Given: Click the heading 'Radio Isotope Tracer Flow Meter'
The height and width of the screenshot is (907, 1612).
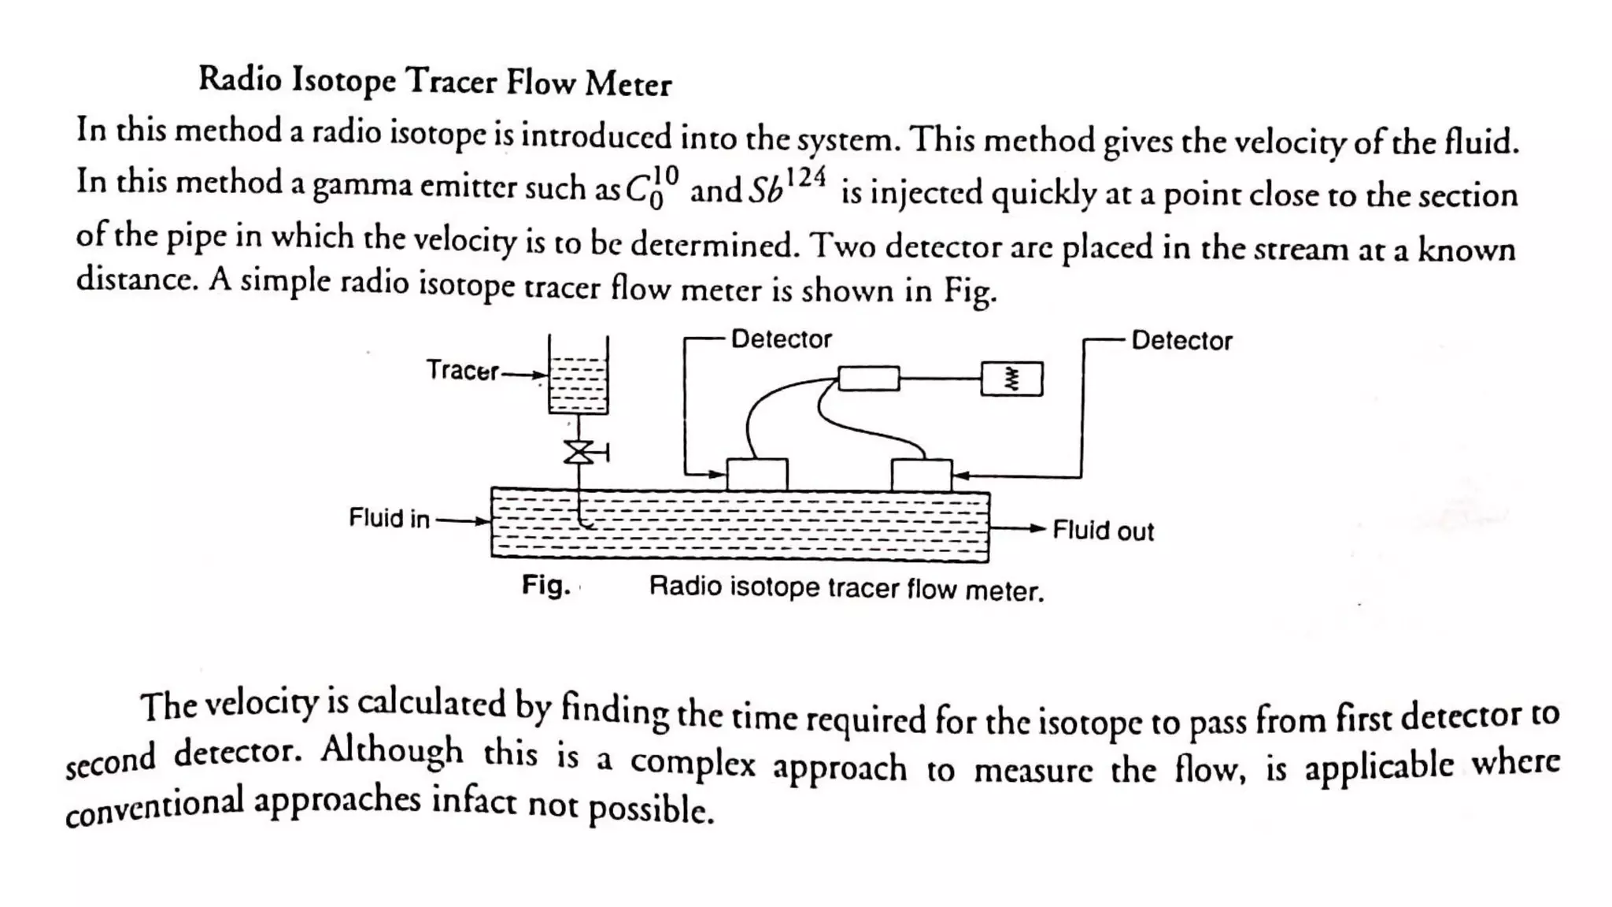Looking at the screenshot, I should pos(434,80).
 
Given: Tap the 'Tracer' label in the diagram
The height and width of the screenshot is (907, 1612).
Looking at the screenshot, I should pos(462,370).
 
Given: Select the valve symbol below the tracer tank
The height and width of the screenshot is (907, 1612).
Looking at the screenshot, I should pos(580,452).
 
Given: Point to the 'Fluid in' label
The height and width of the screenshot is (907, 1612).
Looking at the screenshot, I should pos(389,518).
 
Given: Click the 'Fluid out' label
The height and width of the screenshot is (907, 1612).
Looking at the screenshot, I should pos(1103,531).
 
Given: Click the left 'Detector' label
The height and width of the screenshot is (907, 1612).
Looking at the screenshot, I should pos(781,339).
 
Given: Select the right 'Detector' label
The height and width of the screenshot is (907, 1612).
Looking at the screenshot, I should pos(1181,341).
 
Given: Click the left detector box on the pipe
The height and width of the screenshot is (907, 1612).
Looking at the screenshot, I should pos(756,475).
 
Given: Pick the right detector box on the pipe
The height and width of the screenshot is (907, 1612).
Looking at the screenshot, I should pos(921,476).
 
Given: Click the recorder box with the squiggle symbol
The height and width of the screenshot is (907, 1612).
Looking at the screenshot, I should pos(1011,379).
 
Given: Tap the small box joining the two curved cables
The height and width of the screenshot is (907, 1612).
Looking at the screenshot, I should pos(868,378).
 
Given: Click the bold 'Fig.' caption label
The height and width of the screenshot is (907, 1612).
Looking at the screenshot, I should pos(545,585).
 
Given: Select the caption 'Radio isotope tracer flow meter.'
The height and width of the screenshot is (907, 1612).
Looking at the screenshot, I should pos(846,588).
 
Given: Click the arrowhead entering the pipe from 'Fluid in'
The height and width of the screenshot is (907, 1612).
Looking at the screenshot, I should pos(482,520).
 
